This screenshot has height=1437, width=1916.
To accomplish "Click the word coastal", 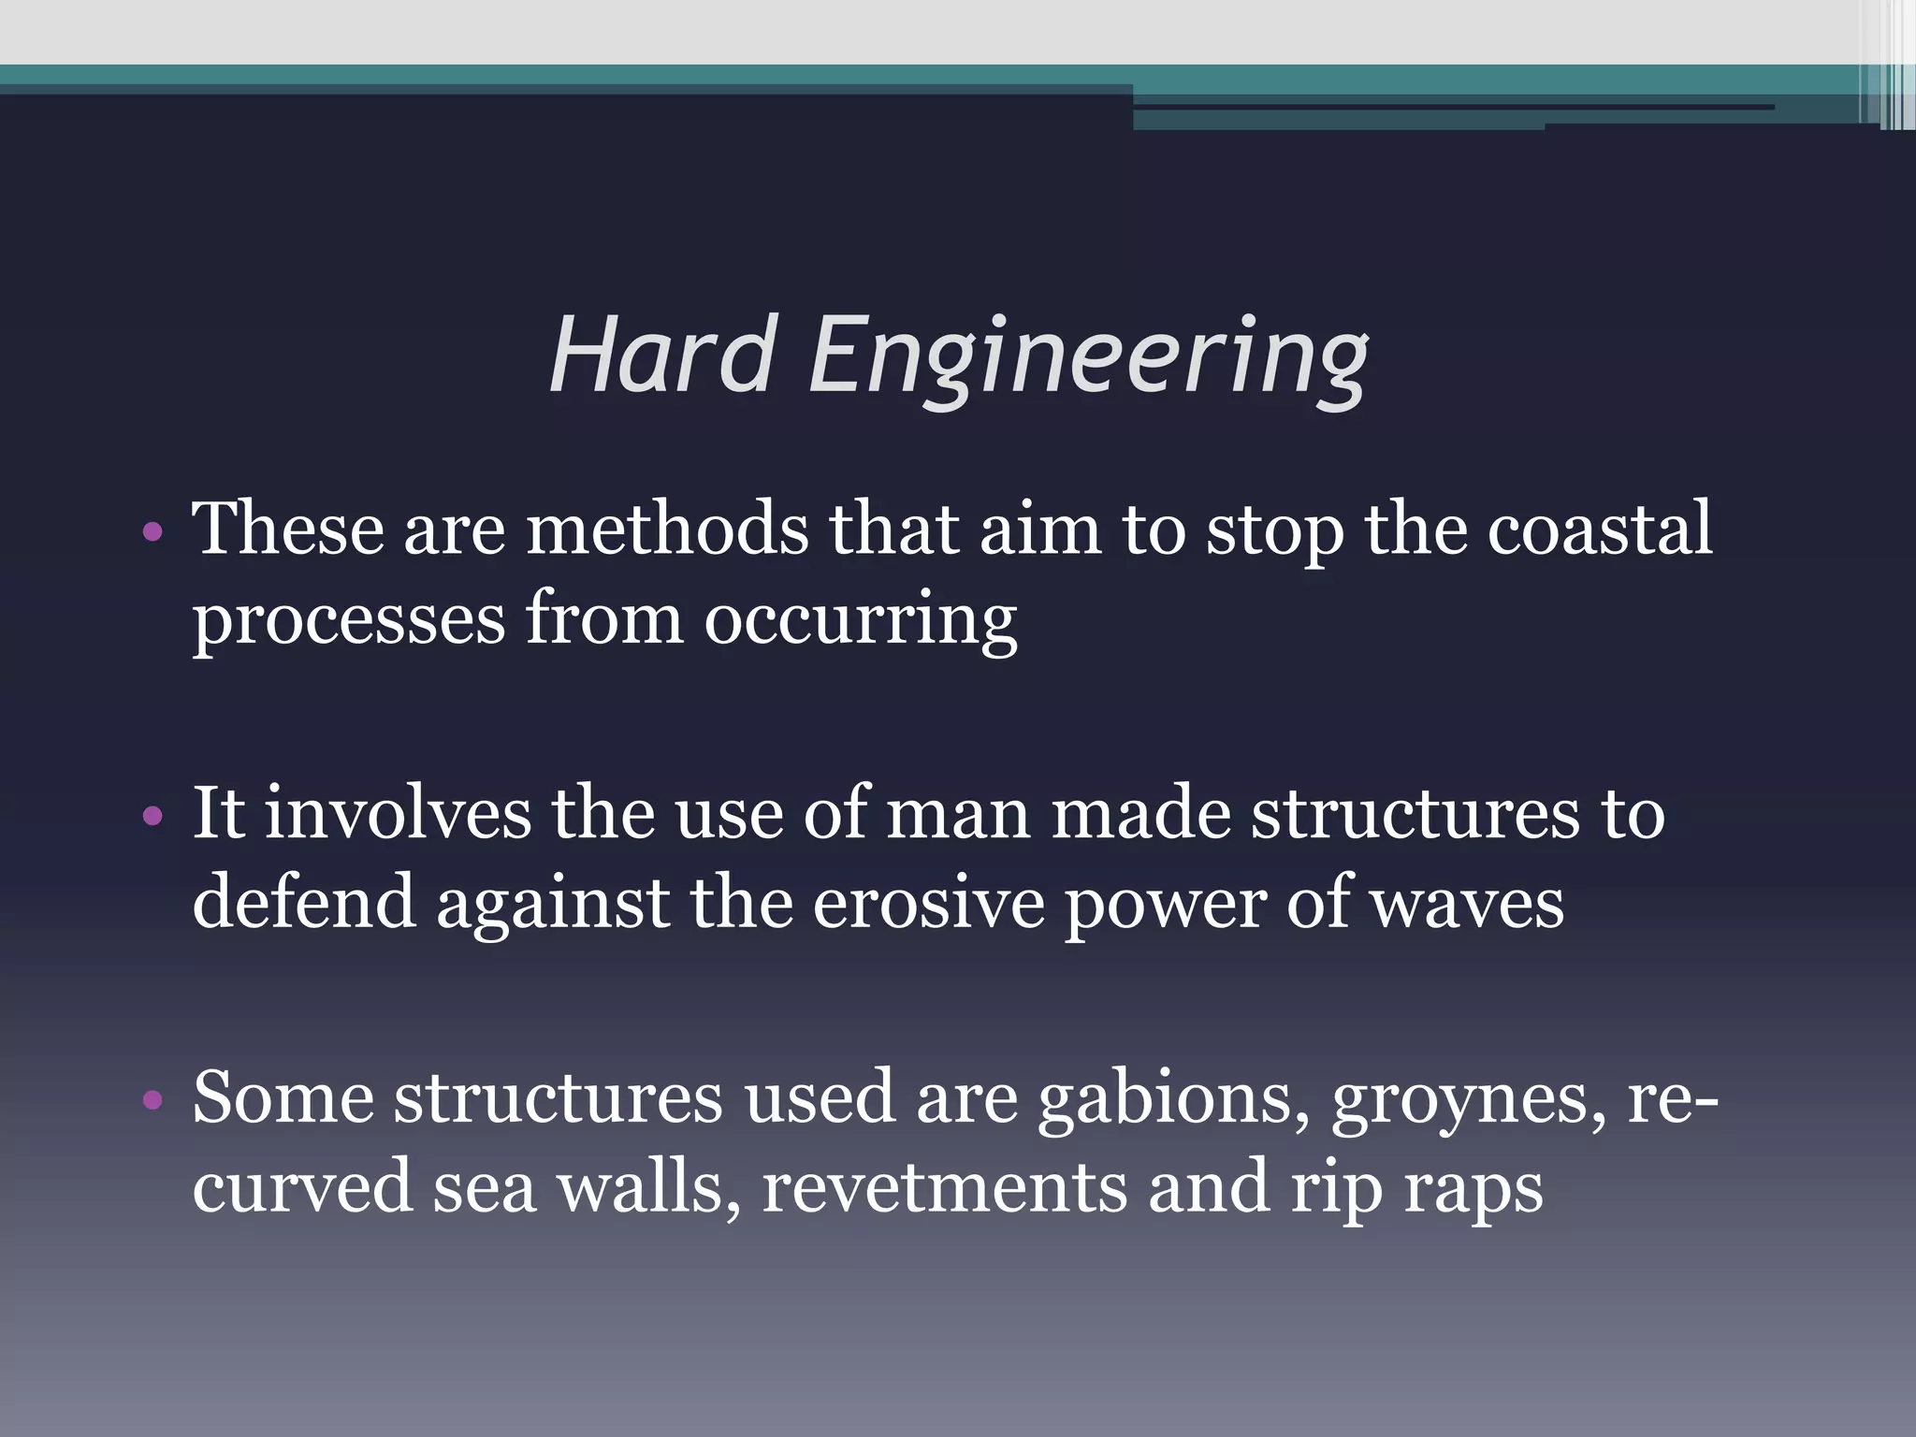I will [1599, 530].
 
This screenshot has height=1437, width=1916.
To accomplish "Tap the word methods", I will [666, 530].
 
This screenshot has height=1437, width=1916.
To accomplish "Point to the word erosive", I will [928, 904].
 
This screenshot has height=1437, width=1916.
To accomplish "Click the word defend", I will [303, 902].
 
